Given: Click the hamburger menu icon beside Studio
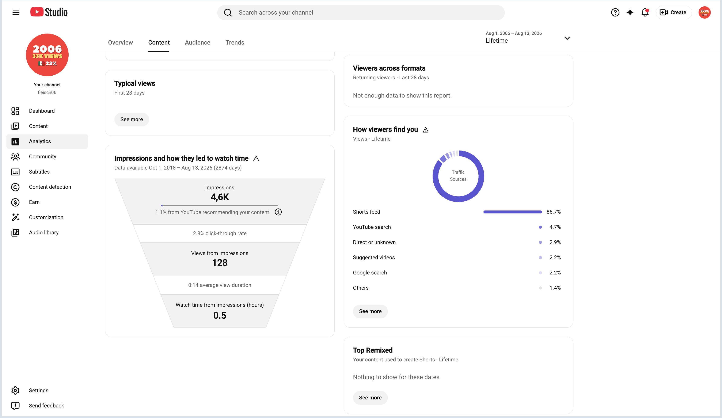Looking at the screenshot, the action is click(16, 12).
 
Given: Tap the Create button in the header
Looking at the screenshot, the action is click(673, 12).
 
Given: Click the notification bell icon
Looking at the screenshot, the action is click(645, 12).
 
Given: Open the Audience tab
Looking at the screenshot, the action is click(197, 42).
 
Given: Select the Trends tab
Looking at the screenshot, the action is click(235, 42).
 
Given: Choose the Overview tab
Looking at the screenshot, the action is click(120, 42).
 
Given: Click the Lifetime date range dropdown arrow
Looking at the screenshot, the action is click(567, 38).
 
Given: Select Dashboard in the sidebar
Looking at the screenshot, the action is click(42, 111).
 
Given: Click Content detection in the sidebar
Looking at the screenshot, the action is click(50, 187).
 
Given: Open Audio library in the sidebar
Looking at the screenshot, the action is click(43, 232).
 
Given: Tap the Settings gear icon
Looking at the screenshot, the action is click(15, 390).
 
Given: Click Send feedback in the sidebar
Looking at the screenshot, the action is click(46, 405).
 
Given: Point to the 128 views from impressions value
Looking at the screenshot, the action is click(220, 263).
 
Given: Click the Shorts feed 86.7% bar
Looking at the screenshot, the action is click(513, 212).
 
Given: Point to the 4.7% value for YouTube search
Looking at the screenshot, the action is click(555, 227).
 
